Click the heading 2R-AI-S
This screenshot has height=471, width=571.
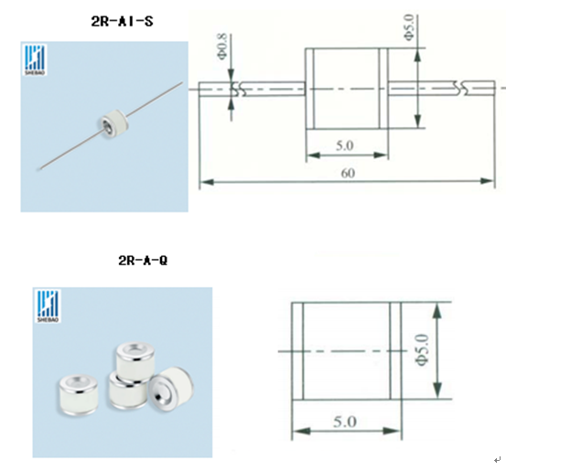[123, 21]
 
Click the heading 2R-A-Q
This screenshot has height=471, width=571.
[143, 261]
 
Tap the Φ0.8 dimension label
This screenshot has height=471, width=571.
[221, 46]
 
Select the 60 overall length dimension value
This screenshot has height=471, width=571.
[348, 173]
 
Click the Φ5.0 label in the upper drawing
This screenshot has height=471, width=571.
[409, 27]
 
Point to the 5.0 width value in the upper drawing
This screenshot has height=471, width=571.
[344, 145]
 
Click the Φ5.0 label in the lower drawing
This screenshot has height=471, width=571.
[422, 349]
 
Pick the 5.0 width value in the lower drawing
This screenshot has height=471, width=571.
[345, 422]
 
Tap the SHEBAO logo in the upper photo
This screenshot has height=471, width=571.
[35, 60]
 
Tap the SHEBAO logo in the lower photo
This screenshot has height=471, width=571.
[48, 306]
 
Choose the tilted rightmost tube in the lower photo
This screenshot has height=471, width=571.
[171, 389]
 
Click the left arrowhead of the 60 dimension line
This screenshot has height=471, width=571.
[207, 181]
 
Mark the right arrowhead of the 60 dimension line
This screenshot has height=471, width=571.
[488, 181]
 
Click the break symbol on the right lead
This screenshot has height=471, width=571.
[460, 88]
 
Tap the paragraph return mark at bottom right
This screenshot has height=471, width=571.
[498, 460]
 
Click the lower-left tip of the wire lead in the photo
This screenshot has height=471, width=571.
[38, 169]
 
